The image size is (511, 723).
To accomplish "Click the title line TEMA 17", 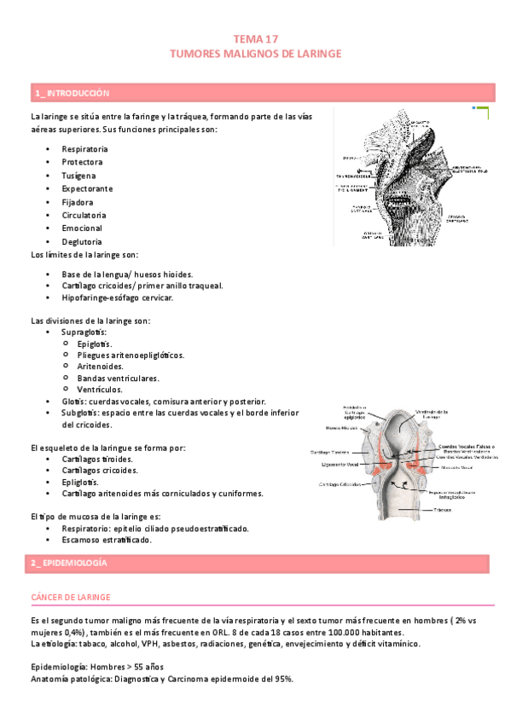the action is [256, 39].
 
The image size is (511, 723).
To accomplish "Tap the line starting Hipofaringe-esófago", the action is [117, 298].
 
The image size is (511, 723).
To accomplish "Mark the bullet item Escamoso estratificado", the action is [107, 541].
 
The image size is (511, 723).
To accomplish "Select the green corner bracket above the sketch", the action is [482, 113].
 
